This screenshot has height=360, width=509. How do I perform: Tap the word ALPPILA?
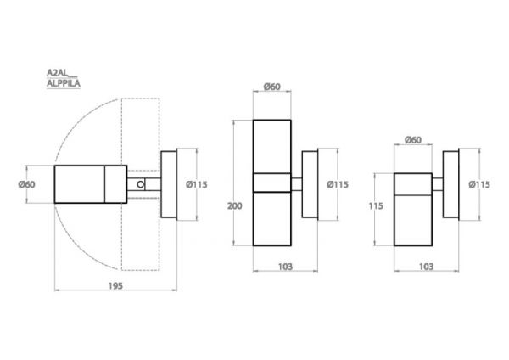tap(64, 83)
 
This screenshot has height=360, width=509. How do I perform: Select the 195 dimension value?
tap(115, 286)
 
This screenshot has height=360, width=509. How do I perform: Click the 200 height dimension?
tap(234, 206)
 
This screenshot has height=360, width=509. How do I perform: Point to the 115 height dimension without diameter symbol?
tap(376, 206)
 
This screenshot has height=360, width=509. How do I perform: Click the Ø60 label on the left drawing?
tap(26, 184)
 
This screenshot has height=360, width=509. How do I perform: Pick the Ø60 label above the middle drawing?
tap(272, 87)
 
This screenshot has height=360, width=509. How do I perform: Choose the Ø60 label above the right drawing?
tap(413, 140)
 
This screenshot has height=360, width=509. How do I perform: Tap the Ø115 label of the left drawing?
tap(197, 184)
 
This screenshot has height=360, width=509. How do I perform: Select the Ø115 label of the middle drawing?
tap(338, 184)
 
